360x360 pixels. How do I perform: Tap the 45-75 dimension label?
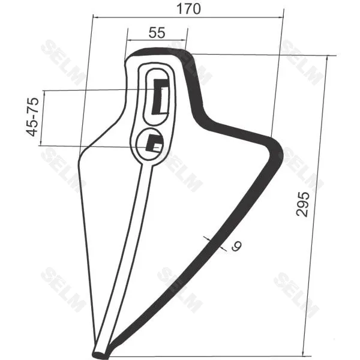(32, 116)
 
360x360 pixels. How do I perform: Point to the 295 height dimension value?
(305, 205)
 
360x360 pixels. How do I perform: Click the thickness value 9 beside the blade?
(235, 246)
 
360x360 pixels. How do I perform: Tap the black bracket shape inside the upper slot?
(160, 95)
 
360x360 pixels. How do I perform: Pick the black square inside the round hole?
(155, 144)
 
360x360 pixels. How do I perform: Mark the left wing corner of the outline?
(80, 155)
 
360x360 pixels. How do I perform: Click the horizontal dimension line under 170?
(188, 17)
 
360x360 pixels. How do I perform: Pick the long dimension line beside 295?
(316, 205)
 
